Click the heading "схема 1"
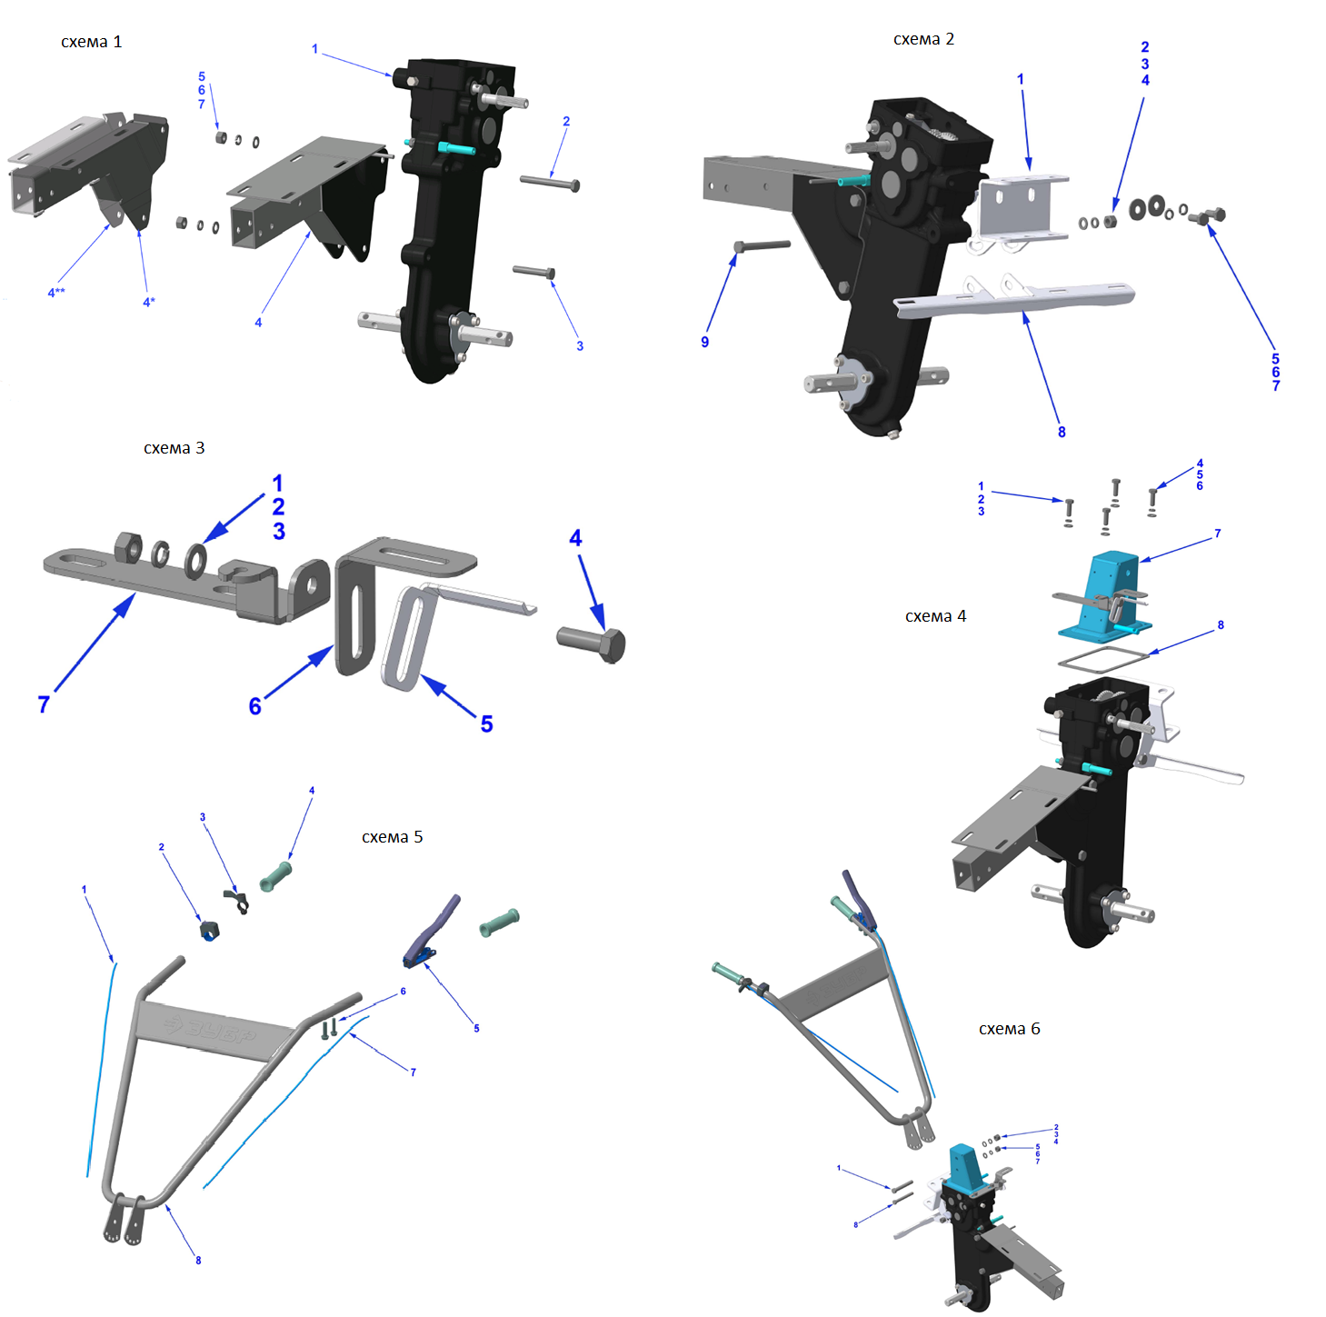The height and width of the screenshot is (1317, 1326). (x=92, y=42)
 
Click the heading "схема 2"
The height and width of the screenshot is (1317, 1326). (x=923, y=39)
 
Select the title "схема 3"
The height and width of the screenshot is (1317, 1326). (x=174, y=448)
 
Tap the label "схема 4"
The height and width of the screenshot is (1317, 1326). (x=935, y=616)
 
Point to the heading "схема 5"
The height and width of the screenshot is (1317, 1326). (x=393, y=837)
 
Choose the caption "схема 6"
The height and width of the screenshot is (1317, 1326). (x=1010, y=1029)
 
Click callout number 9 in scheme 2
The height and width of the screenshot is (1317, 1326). (x=704, y=342)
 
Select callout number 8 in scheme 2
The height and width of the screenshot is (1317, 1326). (x=1062, y=433)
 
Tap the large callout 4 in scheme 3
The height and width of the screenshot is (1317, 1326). (x=576, y=538)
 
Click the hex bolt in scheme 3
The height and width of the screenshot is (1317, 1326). (x=592, y=644)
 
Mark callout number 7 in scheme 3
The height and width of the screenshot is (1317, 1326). (x=44, y=704)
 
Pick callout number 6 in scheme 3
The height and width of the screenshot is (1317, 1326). (x=255, y=706)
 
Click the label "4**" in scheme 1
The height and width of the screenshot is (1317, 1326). (x=56, y=293)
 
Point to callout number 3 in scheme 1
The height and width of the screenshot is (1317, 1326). (x=580, y=346)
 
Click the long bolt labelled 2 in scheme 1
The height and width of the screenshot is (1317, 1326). (x=550, y=183)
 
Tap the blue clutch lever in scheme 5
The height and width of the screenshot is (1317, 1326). (x=432, y=931)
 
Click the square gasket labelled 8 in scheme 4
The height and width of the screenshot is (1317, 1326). (x=1103, y=658)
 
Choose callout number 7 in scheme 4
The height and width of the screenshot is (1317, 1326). (x=1217, y=534)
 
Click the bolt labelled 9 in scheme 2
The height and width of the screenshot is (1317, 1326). (x=762, y=245)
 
